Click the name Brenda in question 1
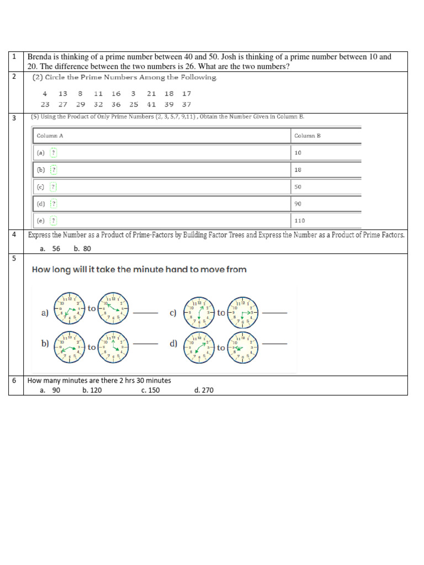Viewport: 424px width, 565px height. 40,57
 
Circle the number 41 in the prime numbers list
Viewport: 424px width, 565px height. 151,104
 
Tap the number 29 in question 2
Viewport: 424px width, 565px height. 81,104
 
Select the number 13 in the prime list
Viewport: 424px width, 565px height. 63,94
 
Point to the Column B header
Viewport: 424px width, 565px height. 304,135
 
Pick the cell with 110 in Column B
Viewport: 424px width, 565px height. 300,220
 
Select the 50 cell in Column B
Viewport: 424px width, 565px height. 298,186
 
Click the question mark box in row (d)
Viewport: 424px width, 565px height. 54,204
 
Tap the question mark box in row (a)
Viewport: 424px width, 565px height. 54,152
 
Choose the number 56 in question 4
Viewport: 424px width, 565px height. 56,248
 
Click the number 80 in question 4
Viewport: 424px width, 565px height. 87,248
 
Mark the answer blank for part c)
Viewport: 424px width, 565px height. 274,313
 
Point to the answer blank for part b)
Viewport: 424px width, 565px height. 145,344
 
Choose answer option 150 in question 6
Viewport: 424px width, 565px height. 150,390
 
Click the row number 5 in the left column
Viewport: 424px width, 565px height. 14,258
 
